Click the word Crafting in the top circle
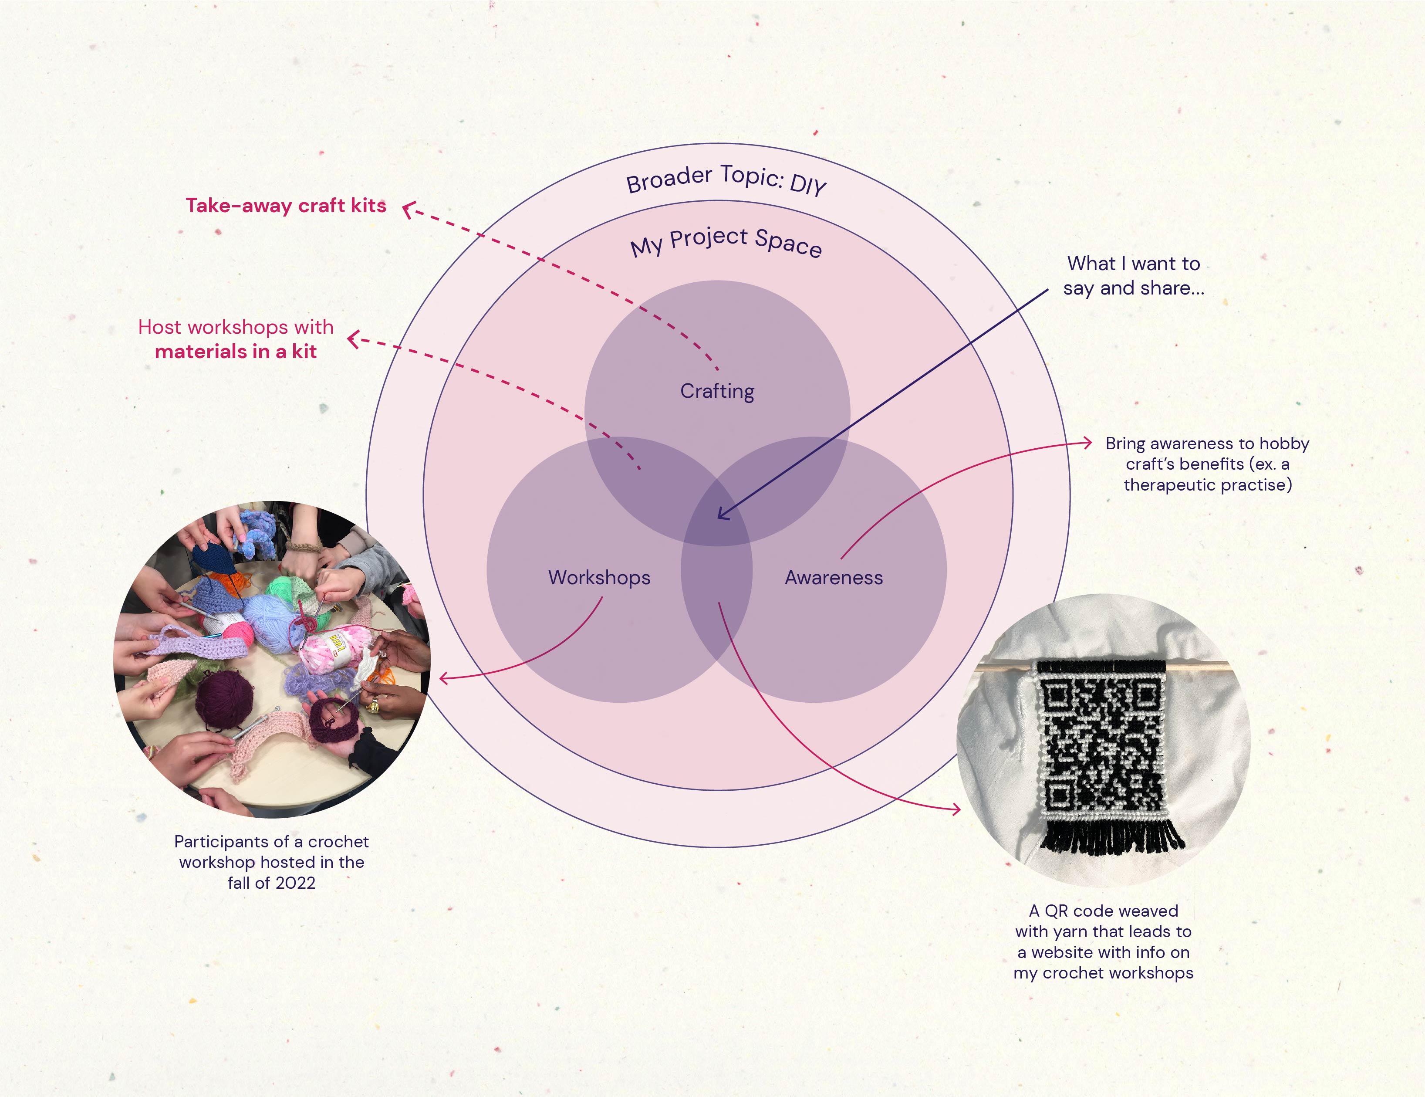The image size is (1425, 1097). click(717, 391)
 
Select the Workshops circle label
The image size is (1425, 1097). click(599, 578)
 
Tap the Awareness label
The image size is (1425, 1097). click(833, 578)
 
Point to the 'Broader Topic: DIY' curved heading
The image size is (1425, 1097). click(726, 179)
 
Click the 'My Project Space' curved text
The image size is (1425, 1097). click(726, 241)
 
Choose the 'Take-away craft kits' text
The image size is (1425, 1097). click(286, 206)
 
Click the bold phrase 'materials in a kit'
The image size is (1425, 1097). click(236, 352)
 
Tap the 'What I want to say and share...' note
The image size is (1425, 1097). click(1133, 275)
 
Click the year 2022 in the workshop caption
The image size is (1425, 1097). click(294, 883)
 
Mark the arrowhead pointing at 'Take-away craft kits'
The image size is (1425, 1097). click(407, 209)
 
